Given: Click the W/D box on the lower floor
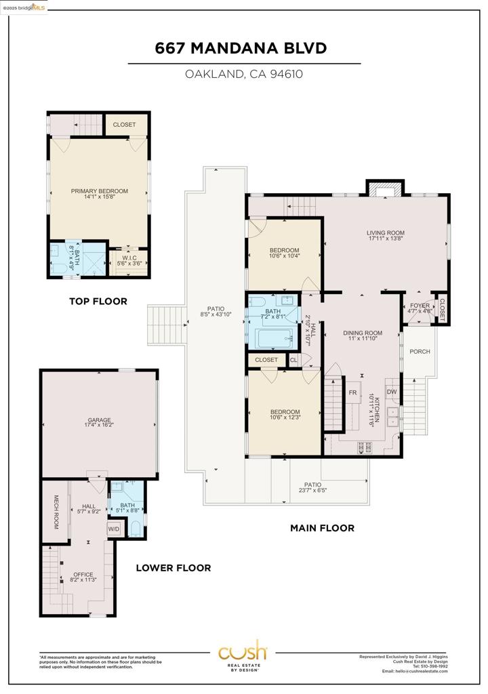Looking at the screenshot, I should [114, 529].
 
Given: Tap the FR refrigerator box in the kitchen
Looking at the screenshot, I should [352, 392].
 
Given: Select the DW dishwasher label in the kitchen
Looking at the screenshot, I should [391, 392].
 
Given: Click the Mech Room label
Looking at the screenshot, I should [57, 511].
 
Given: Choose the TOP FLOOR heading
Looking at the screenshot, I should [98, 302].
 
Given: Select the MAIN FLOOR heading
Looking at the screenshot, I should [322, 528].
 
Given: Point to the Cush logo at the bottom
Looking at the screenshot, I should [243, 654].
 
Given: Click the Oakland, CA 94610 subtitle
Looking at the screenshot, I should [244, 74].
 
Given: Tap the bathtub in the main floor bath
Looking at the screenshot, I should [270, 338].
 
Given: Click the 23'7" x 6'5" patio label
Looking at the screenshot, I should [312, 487].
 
